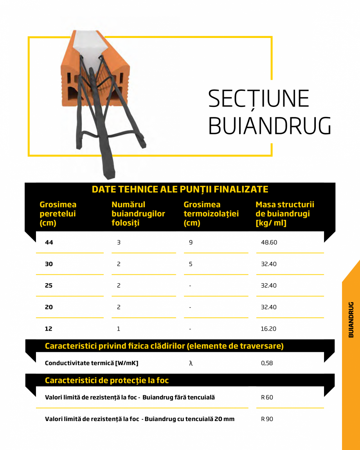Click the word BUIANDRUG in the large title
pos(270,125)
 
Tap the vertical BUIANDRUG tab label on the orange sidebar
pos(351,319)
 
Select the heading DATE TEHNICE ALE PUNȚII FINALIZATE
pos(180,189)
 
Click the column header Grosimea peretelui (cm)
pos(58,214)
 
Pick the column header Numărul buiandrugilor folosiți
pos(138,214)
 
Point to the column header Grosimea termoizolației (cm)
pos(211,214)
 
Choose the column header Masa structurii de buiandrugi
pos(284,214)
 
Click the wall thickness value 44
pos(49,243)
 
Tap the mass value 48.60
pos(269,243)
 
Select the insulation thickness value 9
pos(191,243)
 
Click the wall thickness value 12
pos(49,329)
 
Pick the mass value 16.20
pos(268,329)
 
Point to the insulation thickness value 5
pos(191,264)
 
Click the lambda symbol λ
pos(191,363)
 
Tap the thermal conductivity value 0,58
pos(267,363)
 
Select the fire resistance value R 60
pos(267,398)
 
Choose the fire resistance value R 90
pos(267,419)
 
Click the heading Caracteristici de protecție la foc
pos(107,380)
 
